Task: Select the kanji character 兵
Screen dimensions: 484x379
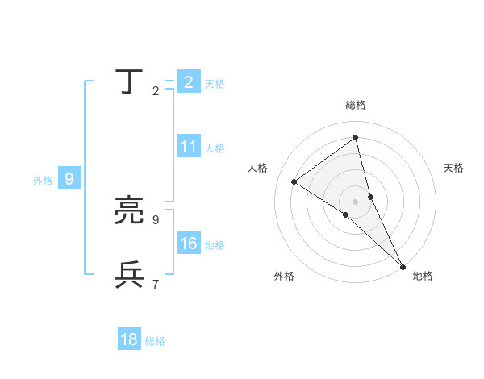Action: (x=129, y=275)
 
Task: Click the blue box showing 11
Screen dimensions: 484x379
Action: (x=189, y=147)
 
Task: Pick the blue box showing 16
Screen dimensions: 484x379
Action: (x=189, y=244)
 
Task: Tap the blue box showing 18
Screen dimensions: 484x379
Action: (x=129, y=339)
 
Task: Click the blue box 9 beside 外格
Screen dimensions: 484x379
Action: (x=69, y=179)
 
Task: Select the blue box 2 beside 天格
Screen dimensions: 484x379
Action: (x=189, y=82)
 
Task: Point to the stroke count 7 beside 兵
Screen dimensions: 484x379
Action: (x=156, y=284)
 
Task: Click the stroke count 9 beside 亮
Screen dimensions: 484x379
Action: (x=156, y=219)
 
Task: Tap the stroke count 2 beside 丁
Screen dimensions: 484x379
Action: (x=156, y=91)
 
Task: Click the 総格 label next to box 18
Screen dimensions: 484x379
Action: (x=155, y=341)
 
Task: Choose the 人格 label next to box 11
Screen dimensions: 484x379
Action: (x=215, y=148)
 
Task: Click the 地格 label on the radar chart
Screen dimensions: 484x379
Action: (x=423, y=276)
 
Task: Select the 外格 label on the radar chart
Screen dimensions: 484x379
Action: (x=284, y=276)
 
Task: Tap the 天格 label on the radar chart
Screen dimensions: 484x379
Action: (x=453, y=168)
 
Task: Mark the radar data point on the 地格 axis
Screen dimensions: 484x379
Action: (x=403, y=266)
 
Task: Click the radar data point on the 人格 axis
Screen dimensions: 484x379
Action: (x=294, y=181)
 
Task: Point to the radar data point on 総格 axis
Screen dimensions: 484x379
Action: (x=355, y=138)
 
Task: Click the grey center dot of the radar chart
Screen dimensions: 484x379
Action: (x=355, y=201)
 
